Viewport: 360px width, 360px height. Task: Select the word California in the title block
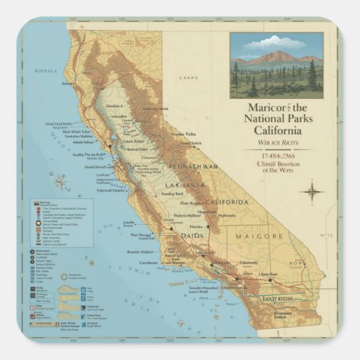279,131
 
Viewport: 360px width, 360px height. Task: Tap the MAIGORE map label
259,236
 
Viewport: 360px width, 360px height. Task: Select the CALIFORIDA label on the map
228,202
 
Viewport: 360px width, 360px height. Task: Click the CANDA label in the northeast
188,78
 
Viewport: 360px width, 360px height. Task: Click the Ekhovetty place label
248,263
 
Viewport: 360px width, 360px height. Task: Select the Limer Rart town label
268,274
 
